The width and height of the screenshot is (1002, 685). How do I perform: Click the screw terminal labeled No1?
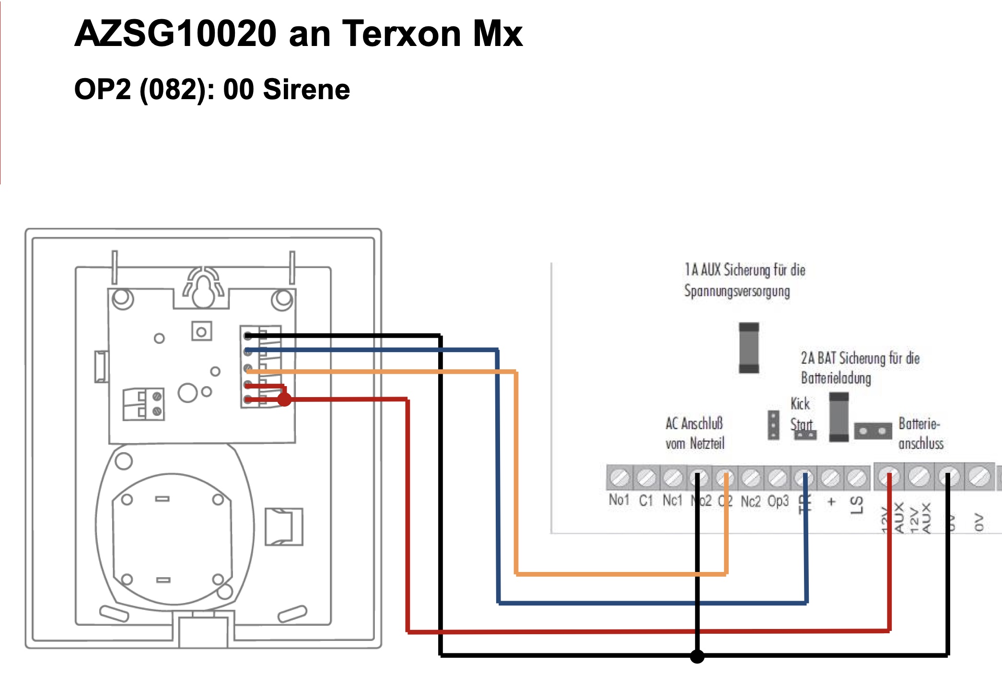point(619,478)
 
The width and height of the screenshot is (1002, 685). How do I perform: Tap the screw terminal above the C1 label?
point(646,478)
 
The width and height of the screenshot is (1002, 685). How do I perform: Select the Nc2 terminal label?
point(750,502)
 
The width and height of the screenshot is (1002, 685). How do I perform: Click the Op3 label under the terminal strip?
point(778,501)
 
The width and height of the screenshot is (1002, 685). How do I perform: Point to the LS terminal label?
point(857,504)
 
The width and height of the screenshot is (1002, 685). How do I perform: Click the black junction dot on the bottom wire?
point(697,656)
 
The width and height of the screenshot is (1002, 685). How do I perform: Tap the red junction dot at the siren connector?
point(284,399)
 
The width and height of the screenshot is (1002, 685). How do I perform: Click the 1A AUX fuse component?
point(749,348)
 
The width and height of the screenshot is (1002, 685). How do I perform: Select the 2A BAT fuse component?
point(839,417)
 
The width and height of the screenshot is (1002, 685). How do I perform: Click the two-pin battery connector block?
point(873,431)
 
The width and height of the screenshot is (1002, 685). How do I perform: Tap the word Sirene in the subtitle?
point(306,90)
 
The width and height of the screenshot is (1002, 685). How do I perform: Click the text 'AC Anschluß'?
point(694,423)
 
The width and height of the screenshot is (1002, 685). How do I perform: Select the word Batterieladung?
point(836,378)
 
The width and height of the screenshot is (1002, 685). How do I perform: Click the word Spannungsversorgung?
point(737,291)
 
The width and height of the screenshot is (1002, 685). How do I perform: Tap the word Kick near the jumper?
point(800,403)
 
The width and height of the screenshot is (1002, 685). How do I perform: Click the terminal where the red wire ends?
point(889,477)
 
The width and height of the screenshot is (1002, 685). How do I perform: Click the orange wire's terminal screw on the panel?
point(725,478)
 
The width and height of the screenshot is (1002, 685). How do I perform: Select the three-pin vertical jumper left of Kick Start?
point(773,425)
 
